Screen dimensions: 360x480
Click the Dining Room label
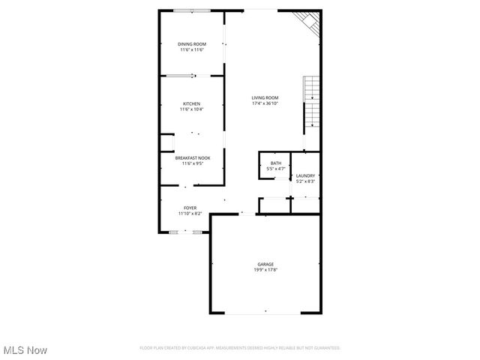pyautogui.click(x=191, y=44)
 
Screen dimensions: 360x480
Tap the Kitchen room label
pyautogui.click(x=191, y=103)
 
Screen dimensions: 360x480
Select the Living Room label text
pyautogui.click(x=265, y=97)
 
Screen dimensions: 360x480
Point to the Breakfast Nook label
pyautogui.click(x=193, y=157)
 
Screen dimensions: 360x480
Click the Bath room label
pyautogui.click(x=276, y=163)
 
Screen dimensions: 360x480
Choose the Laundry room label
pyautogui.click(x=305, y=175)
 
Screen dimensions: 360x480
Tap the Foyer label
pyautogui.click(x=190, y=207)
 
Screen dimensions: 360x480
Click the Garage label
pyautogui.click(x=265, y=264)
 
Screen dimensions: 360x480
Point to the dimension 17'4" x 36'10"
pyautogui.click(x=265, y=103)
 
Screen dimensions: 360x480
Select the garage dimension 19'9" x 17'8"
pyautogui.click(x=265, y=270)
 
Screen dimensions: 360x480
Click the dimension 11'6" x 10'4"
pyautogui.click(x=191, y=109)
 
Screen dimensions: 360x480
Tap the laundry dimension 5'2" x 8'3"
pyautogui.click(x=305, y=181)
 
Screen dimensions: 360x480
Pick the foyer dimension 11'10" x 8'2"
pyautogui.click(x=190, y=213)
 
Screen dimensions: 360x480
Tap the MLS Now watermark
pyautogui.click(x=25, y=350)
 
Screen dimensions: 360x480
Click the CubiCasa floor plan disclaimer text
pyautogui.click(x=240, y=348)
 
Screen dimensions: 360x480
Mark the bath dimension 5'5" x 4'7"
pyautogui.click(x=276, y=169)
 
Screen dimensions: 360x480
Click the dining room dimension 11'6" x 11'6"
pyautogui.click(x=191, y=50)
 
